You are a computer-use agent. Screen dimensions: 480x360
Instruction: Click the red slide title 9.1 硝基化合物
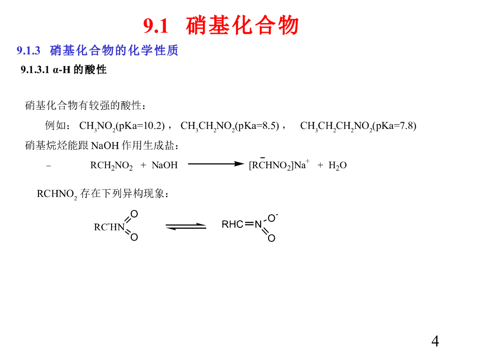tap(221, 25)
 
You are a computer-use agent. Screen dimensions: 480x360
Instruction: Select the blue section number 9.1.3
tap(29, 50)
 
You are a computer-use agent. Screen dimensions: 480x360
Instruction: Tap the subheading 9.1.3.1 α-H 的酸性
tap(64, 70)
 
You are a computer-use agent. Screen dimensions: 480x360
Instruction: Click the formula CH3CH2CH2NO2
tap(336, 126)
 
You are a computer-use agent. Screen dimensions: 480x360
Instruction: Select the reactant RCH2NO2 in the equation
tap(112, 165)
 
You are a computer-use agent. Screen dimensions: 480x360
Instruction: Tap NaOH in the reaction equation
tap(165, 165)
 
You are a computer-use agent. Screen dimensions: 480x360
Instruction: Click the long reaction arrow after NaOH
tap(216, 164)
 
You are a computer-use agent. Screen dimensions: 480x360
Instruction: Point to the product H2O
tap(337, 165)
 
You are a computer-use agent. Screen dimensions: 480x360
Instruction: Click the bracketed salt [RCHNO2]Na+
tap(279, 165)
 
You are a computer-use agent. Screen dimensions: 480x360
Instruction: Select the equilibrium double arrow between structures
tap(186, 226)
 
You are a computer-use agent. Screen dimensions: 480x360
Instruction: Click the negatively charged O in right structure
tap(272, 218)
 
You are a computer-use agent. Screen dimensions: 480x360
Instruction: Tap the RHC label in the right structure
tap(232, 225)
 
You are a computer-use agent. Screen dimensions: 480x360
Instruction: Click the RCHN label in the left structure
tap(109, 227)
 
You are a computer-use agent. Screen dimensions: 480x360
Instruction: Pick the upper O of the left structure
tap(134, 214)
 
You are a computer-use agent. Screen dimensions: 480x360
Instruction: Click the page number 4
tap(435, 341)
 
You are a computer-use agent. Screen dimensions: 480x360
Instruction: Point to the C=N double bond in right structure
tap(249, 224)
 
